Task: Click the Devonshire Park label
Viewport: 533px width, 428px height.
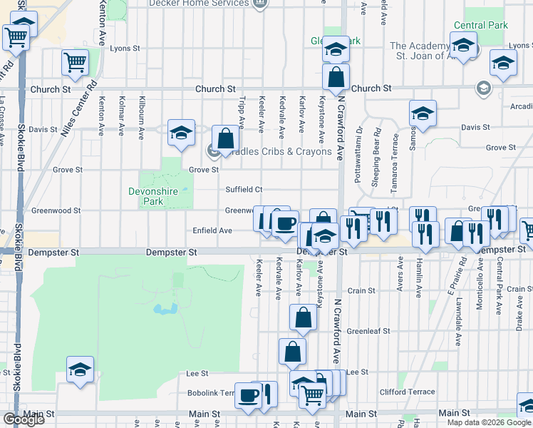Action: click(x=155, y=196)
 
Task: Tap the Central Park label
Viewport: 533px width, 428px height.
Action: click(x=480, y=25)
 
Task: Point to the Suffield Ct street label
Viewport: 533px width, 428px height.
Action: click(x=244, y=190)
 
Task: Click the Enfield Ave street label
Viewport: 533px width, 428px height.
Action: click(x=212, y=231)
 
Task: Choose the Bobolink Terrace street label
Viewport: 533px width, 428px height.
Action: click(x=211, y=393)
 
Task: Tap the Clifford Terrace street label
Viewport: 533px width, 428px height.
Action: click(x=408, y=392)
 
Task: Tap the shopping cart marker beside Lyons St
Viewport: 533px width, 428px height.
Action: click(x=75, y=62)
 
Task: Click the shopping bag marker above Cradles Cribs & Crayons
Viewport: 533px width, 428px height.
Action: click(x=225, y=138)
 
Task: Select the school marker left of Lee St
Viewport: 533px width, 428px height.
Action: click(x=80, y=369)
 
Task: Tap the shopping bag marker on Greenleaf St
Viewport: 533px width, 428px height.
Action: click(x=303, y=318)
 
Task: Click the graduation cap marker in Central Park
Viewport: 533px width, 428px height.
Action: click(x=464, y=47)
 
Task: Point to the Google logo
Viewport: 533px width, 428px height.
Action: click(x=24, y=419)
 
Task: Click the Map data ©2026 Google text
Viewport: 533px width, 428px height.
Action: click(x=489, y=422)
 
